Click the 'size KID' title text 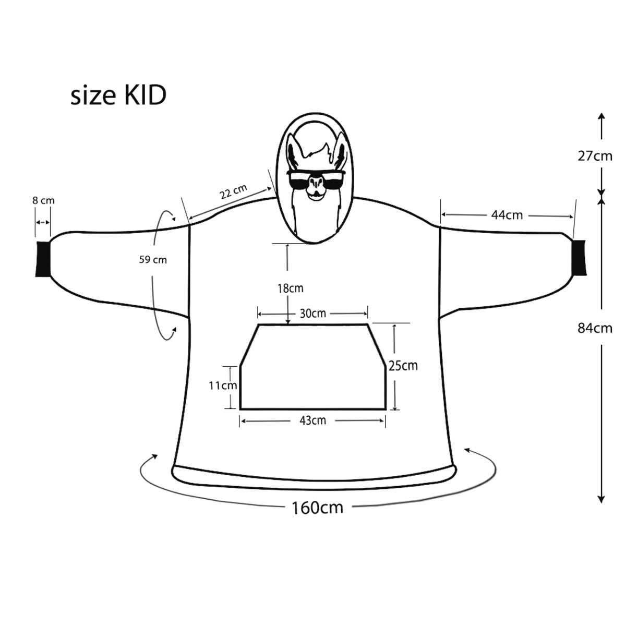tap(118, 97)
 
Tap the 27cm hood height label tap(595, 156)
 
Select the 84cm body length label tap(595, 328)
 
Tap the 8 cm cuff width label tap(43, 200)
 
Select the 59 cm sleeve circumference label tap(153, 259)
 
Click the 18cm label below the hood tap(290, 288)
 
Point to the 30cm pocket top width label tap(312, 313)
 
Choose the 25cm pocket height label tap(403, 366)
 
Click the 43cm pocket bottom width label tap(312, 420)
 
